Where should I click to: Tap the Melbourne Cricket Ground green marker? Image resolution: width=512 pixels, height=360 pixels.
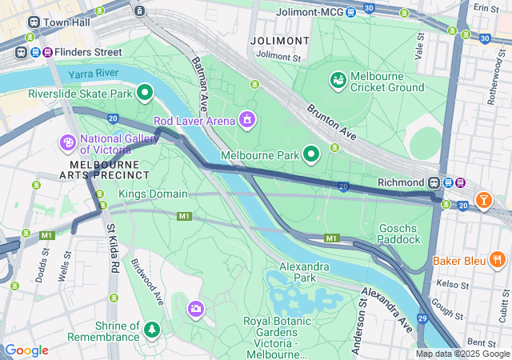point(338,79)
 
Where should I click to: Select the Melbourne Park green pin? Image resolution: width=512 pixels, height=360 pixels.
point(311,154)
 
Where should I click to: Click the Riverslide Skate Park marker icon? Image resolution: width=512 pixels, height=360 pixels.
point(145,93)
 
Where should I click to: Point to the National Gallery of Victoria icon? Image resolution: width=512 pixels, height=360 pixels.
point(68,142)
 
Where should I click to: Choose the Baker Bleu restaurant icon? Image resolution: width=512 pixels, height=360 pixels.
point(497,259)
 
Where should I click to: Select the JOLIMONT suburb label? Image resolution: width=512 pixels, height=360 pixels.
point(278,40)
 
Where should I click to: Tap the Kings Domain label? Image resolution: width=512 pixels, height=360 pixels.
point(153,194)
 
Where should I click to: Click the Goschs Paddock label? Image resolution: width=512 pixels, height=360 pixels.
point(399,233)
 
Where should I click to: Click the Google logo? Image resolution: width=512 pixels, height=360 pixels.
point(26,350)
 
